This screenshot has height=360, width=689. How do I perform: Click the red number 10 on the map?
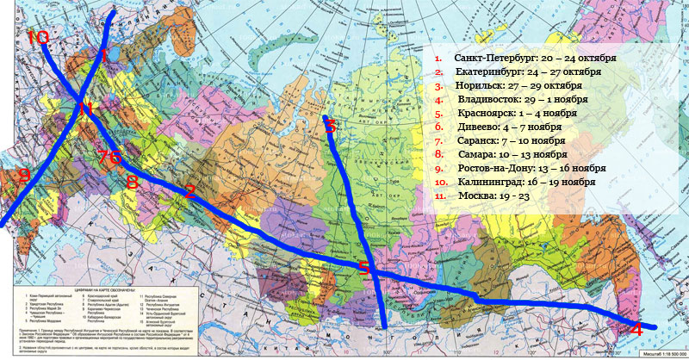click(38, 37)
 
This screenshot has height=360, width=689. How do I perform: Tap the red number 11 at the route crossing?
click(84, 109)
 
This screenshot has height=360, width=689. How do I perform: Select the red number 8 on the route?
click(132, 182)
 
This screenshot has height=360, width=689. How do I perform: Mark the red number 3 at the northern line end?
click(331, 126)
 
